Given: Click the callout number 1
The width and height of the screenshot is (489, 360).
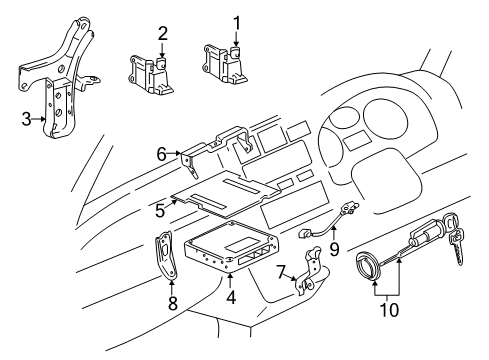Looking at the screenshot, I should tap(237, 21).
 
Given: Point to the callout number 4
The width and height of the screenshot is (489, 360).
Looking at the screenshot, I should tap(230, 298).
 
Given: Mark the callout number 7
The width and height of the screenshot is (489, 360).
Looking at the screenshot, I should tap(281, 270).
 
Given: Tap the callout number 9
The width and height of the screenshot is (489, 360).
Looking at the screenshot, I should tap(334, 268).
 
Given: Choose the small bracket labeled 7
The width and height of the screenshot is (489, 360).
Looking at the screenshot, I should tap(306, 274).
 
